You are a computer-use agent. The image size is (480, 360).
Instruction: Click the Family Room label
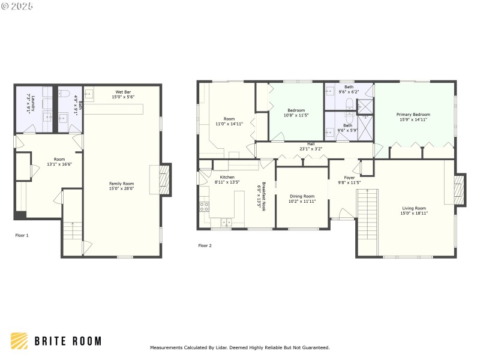coord(121,184)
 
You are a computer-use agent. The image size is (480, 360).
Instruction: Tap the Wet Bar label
coord(123,92)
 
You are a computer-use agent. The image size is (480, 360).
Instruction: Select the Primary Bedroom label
coord(413,114)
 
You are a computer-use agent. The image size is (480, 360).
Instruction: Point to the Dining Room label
coord(302,196)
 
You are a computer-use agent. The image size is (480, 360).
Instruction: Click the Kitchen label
coord(227,178)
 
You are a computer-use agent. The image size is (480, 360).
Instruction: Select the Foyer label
coord(349,178)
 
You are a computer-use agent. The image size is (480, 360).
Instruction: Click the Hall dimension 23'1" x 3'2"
coord(311,149)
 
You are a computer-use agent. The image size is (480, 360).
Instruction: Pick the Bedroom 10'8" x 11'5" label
coord(296,110)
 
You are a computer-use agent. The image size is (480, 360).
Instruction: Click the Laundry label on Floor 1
coord(32,104)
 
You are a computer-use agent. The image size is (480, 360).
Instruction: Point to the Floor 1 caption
coord(22,235)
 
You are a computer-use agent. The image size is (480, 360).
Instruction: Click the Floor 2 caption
coord(205,245)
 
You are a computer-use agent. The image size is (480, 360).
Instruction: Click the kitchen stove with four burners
coord(204,208)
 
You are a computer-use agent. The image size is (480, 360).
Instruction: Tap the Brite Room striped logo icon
coord(19,341)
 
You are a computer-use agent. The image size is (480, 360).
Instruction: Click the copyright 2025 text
coord(17,6)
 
